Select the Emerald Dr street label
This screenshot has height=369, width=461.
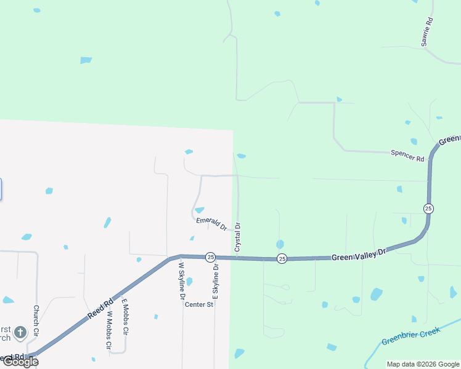[x=211, y=223]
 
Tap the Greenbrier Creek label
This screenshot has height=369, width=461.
[x=410, y=336]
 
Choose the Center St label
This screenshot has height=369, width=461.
[x=199, y=304]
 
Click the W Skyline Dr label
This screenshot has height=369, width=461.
[x=182, y=280]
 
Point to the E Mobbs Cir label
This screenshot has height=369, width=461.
[x=124, y=316]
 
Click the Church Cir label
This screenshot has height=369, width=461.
[x=36, y=320]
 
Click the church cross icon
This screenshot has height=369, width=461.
[x=20, y=333]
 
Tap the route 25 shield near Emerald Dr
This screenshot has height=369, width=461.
[x=210, y=257]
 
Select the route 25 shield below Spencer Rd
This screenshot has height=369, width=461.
[x=428, y=208]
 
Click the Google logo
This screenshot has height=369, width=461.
[x=20, y=362]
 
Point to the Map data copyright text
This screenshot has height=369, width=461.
[x=422, y=364]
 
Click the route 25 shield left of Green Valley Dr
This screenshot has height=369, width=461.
[x=281, y=258]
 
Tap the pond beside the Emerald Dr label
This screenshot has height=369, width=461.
[x=200, y=210]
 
